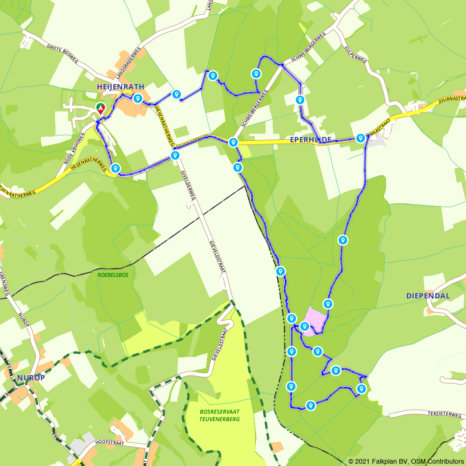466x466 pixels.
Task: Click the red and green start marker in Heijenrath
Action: (x=100, y=109)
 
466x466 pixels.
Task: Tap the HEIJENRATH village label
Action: (x=121, y=87)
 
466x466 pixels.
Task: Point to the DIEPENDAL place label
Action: (x=428, y=296)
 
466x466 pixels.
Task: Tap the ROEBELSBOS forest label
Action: (x=113, y=275)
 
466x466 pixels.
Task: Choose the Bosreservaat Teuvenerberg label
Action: (x=219, y=416)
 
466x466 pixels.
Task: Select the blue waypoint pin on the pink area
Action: (x=305, y=326)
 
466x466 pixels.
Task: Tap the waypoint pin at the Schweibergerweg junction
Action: (x=233, y=142)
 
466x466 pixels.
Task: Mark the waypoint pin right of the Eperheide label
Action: (x=360, y=138)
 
